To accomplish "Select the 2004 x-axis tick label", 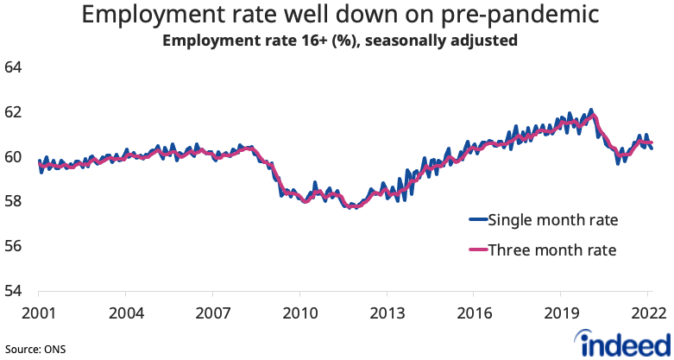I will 125,312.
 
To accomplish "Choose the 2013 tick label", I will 387,312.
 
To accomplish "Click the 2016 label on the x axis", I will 474,312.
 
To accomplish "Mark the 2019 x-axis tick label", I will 561,312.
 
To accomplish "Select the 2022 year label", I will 647,312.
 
